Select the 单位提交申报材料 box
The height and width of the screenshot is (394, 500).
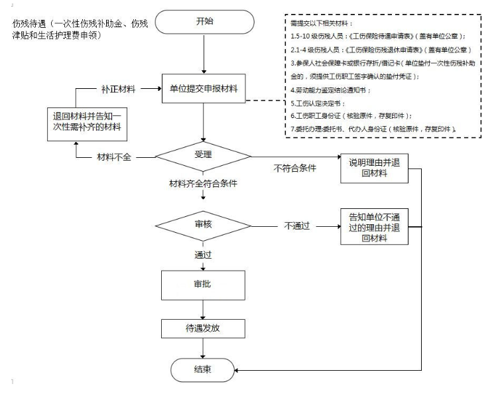click(x=205, y=89)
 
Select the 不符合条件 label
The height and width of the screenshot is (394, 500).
click(x=293, y=168)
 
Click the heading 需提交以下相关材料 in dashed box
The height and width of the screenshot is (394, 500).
click(x=318, y=23)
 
